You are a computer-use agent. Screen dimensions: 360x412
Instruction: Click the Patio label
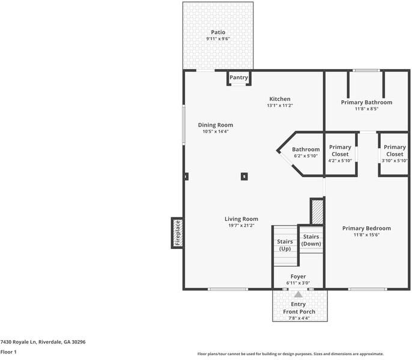click(x=217, y=32)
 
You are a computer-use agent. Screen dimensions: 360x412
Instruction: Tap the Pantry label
click(x=238, y=77)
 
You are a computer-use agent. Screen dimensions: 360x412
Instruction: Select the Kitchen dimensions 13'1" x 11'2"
click(x=279, y=106)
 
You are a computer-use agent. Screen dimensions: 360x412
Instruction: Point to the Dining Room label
click(x=215, y=125)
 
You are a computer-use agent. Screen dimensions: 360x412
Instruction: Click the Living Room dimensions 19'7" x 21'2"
click(x=241, y=226)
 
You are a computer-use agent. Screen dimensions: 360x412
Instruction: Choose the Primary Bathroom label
click(x=366, y=102)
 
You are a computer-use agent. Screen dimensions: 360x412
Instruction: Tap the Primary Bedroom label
click(x=366, y=228)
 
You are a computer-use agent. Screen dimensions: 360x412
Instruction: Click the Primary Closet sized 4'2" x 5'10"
click(x=340, y=154)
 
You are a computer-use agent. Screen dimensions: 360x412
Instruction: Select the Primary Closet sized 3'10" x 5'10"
click(x=395, y=154)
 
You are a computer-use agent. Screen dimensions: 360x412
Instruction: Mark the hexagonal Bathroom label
click(x=306, y=149)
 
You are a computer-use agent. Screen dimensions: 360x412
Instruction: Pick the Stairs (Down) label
click(x=311, y=240)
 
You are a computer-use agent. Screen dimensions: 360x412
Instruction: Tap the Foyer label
click(x=298, y=277)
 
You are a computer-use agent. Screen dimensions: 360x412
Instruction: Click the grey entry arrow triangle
click(x=298, y=294)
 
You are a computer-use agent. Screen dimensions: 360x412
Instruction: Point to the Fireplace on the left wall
click(x=177, y=233)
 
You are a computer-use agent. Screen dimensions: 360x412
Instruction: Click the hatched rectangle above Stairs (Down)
click(x=317, y=211)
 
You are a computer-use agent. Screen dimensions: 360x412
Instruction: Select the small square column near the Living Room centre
click(x=244, y=176)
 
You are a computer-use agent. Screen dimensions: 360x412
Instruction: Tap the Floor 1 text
click(x=8, y=352)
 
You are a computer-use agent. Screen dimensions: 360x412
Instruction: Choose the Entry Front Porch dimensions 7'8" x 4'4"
click(x=298, y=318)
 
